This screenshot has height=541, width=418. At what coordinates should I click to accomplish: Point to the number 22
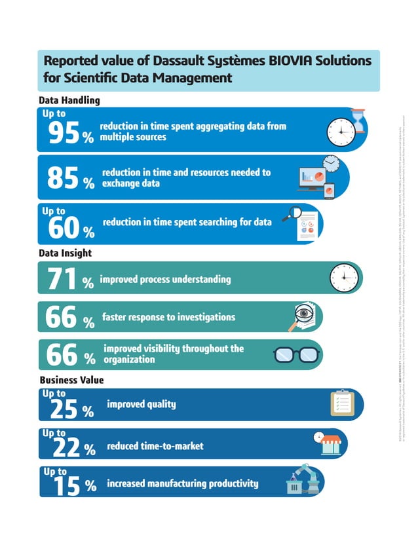pyautogui.click(x=63, y=448)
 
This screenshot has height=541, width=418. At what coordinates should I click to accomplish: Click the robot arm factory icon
pyautogui.click(x=303, y=481)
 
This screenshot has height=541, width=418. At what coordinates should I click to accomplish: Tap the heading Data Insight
pyautogui.click(x=66, y=252)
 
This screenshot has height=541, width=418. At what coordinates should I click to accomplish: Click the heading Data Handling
pyautogui.click(x=69, y=101)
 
